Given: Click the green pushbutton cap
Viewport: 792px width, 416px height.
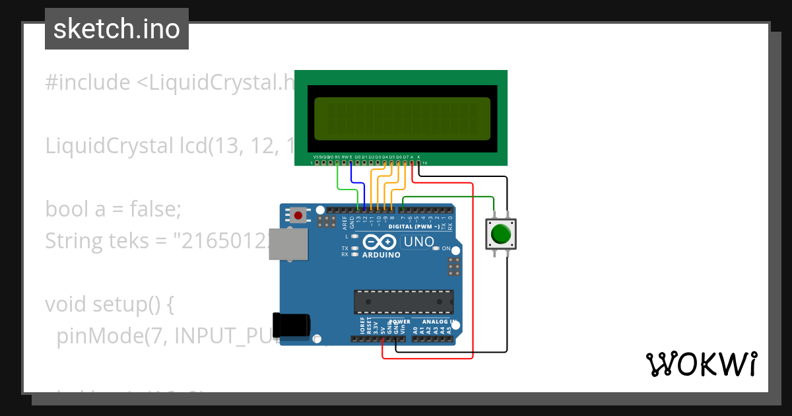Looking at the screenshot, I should [x=501, y=234].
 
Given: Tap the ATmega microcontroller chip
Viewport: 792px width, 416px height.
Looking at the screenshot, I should [x=403, y=301].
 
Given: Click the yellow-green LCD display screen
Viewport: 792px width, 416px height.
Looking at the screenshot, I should [x=403, y=119].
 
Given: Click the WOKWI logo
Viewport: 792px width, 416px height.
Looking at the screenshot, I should [x=701, y=364].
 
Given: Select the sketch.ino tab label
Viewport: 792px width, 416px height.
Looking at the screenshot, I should [x=117, y=29].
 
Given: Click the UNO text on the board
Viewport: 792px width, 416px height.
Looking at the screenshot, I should [x=418, y=242].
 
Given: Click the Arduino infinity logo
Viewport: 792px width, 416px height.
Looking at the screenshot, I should [x=381, y=242].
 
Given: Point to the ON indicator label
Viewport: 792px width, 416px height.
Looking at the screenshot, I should [x=446, y=249].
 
